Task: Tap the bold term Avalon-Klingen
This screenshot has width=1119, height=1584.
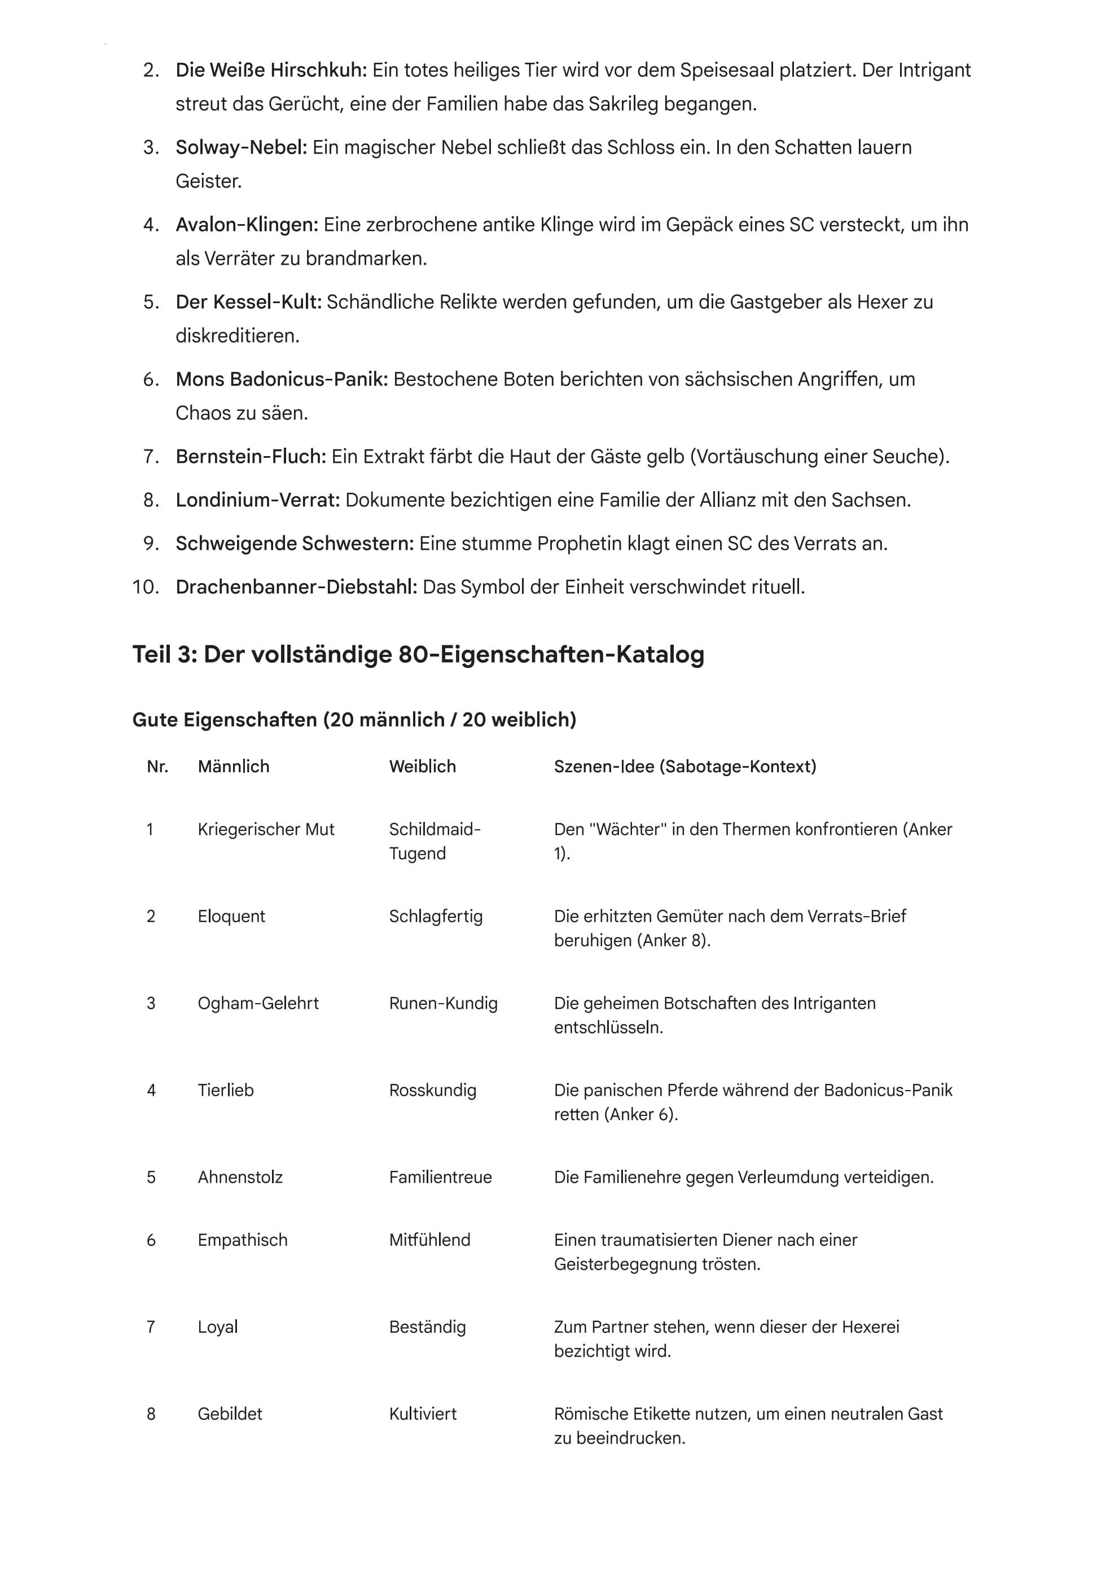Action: [x=247, y=225]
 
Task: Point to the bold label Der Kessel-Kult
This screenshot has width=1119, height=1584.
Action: [x=249, y=302]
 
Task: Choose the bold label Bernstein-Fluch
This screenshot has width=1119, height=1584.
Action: [x=251, y=457]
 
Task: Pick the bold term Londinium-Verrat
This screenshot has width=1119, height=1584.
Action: [x=258, y=500]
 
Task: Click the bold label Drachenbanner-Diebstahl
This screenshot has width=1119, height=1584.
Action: [x=296, y=587]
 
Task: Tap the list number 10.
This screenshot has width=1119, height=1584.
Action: [x=146, y=587]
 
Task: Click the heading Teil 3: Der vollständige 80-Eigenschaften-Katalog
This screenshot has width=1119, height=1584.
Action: [x=418, y=654]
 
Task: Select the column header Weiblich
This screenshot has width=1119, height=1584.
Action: [x=422, y=767]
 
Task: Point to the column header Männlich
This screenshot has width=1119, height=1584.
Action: [x=233, y=767]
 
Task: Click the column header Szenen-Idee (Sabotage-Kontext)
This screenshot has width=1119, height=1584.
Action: [x=684, y=767]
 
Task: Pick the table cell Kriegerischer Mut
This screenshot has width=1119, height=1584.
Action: [x=265, y=829]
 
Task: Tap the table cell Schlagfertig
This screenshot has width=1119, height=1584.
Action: [x=436, y=916]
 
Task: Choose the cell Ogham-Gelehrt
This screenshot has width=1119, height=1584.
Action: [x=258, y=1003]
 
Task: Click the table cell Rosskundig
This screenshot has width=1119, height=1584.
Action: [x=432, y=1090]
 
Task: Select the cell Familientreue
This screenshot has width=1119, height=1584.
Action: [x=440, y=1177]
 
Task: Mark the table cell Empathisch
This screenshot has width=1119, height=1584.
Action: [x=242, y=1240]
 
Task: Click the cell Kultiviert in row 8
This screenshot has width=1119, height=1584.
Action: [x=423, y=1414]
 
